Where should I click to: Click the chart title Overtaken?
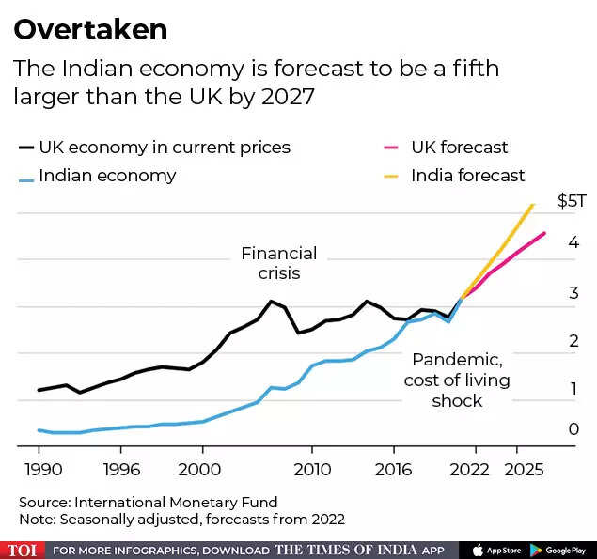[90, 29]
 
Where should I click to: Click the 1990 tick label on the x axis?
[39, 468]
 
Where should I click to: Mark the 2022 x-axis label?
[470, 468]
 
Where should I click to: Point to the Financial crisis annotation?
[279, 263]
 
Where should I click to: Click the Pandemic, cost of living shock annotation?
[456, 380]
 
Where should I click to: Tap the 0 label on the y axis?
[573, 429]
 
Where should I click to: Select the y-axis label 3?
[573, 293]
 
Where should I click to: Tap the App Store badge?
[495, 550]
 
